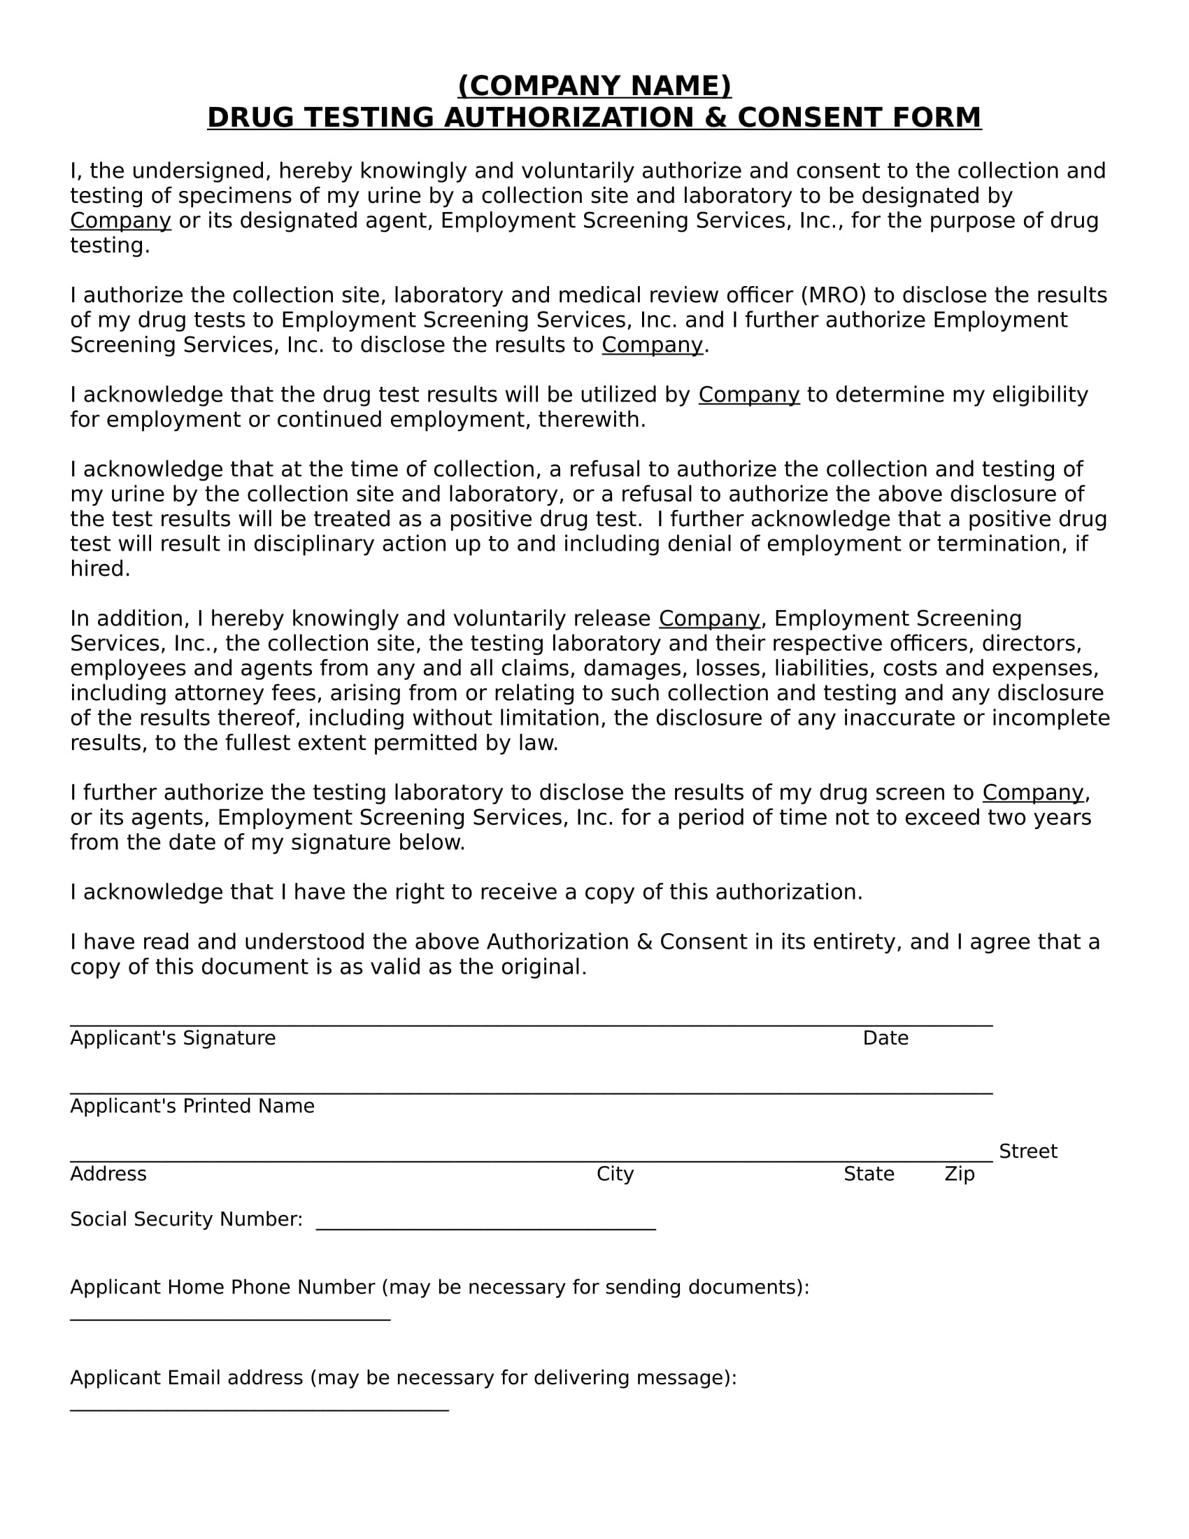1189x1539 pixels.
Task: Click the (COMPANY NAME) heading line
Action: pos(594,86)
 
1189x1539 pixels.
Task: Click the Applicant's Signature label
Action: pos(173,1038)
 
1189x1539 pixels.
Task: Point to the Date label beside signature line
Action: pos(885,1038)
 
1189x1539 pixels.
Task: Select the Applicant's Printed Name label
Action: pos(192,1105)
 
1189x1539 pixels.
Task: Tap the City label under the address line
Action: pos(615,1174)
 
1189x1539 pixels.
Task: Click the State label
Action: pos(869,1174)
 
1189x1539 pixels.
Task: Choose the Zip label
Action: pos(959,1174)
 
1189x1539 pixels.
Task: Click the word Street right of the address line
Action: pos(1027,1151)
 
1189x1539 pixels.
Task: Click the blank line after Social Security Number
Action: pos(486,1228)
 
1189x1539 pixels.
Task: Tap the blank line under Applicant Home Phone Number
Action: pos(230,1318)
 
